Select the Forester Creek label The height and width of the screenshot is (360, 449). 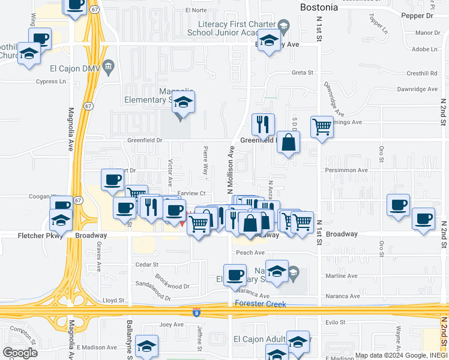261,304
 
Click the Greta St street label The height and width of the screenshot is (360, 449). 303,73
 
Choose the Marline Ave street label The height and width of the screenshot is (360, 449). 340,277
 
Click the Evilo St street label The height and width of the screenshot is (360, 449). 335,322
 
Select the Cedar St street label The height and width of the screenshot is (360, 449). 146,264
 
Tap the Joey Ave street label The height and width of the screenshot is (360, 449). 170,325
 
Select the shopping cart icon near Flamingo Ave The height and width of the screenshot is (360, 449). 322,127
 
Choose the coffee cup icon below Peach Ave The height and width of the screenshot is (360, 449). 235,275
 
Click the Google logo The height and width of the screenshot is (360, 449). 20,353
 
